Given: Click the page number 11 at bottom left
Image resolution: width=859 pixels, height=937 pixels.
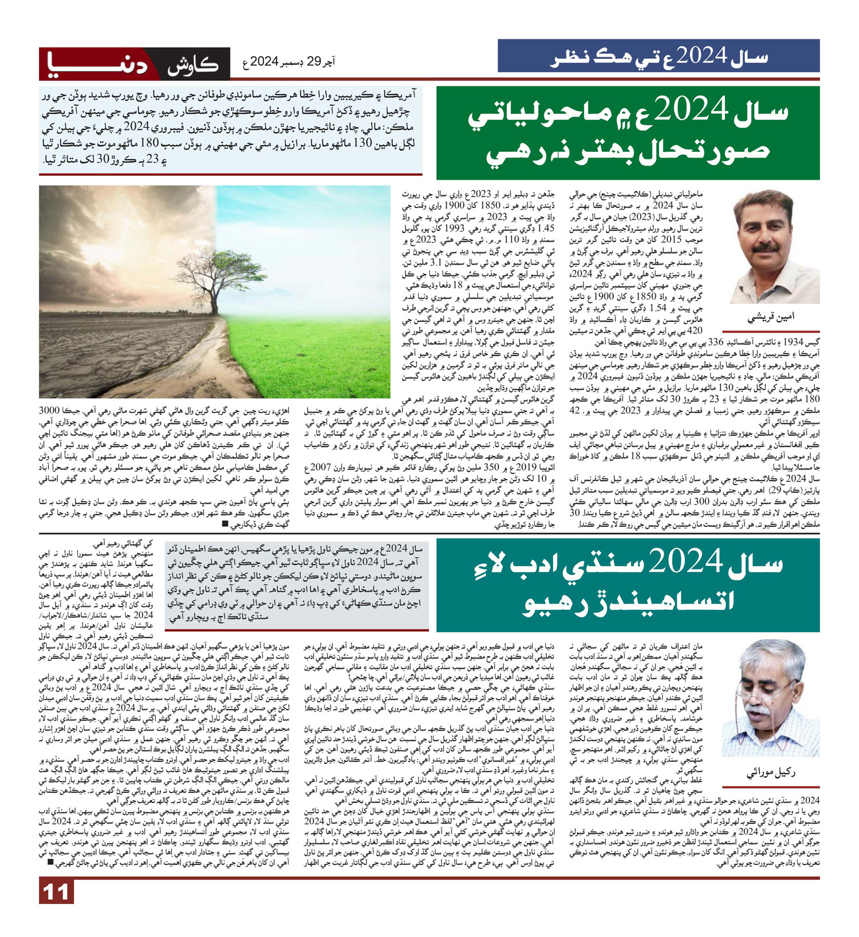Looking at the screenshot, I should pos(56,892).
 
